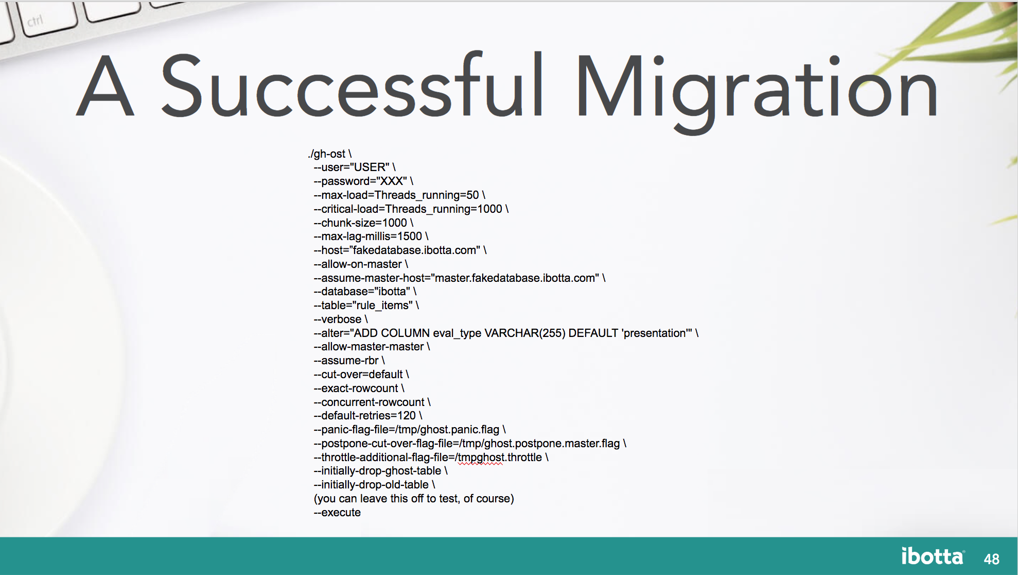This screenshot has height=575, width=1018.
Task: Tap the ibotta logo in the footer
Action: click(x=932, y=556)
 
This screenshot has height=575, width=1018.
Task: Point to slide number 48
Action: click(x=991, y=559)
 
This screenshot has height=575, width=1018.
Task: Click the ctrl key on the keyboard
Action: click(x=36, y=21)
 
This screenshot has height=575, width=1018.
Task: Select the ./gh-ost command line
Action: click(x=329, y=154)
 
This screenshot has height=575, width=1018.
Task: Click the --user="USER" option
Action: click(x=354, y=167)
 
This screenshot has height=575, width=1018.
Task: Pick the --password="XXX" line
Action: click(x=363, y=181)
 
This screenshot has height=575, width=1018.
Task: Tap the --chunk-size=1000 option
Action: click(x=363, y=223)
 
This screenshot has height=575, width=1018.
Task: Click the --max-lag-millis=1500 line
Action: click(x=371, y=236)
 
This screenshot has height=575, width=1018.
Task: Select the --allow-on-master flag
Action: click(x=360, y=264)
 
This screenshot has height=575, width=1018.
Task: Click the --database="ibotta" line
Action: click(x=364, y=292)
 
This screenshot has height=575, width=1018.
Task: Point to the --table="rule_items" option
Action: click(x=366, y=306)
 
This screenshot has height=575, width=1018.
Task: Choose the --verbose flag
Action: click(x=340, y=319)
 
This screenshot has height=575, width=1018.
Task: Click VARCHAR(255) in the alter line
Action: click(x=524, y=333)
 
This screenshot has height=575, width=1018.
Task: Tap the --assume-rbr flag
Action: click(x=349, y=361)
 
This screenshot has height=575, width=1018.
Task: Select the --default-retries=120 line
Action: click(x=367, y=416)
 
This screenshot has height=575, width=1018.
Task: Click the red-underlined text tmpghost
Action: click(x=481, y=458)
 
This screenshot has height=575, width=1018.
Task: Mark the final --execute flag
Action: click(x=337, y=513)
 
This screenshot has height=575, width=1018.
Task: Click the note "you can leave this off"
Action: click(x=413, y=499)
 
